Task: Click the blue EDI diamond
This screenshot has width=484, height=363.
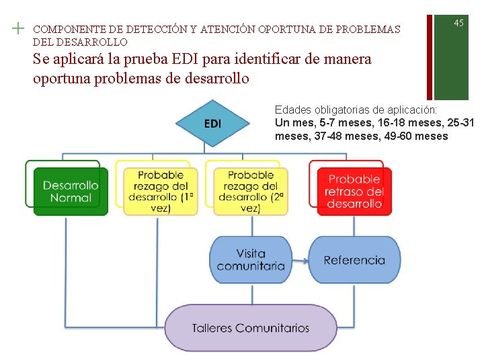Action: tap(212, 124)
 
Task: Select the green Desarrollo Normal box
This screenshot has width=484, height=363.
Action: tap(71, 191)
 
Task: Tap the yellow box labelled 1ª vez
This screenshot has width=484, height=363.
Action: tap(161, 191)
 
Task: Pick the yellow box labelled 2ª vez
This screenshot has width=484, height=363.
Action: tap(250, 191)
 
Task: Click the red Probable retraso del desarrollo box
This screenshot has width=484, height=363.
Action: tap(354, 191)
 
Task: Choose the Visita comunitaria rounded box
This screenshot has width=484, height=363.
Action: tap(251, 259)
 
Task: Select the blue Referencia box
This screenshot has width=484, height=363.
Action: tap(354, 259)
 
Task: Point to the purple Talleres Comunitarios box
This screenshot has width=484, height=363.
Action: tap(251, 328)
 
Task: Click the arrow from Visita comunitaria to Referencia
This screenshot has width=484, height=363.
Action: tap(300, 260)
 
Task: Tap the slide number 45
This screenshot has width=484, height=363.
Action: tap(458, 23)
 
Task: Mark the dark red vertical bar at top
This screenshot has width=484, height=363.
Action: tap(430, 50)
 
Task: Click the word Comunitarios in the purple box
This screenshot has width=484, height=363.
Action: tap(273, 328)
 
